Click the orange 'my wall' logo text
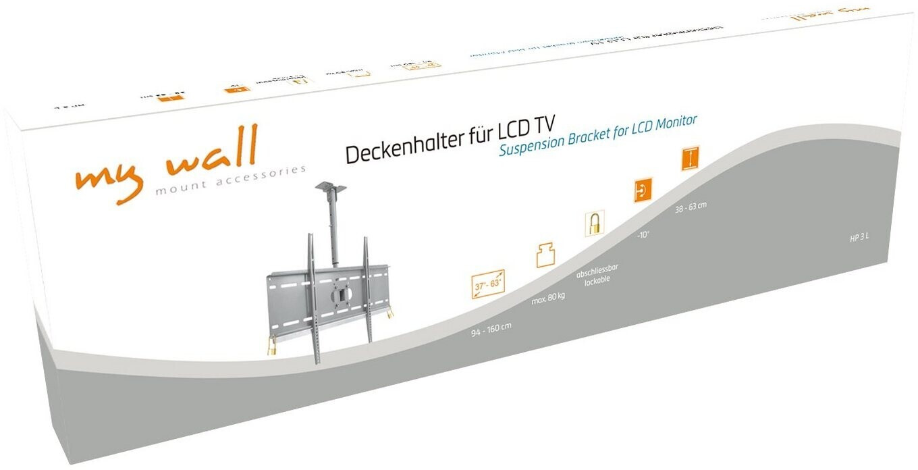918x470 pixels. [165, 162]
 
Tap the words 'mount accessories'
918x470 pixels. [230, 180]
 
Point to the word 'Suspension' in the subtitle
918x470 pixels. [530, 147]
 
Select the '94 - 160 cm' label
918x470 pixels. [491, 330]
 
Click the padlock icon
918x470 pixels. [594, 224]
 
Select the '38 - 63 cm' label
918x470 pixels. [690, 207]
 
